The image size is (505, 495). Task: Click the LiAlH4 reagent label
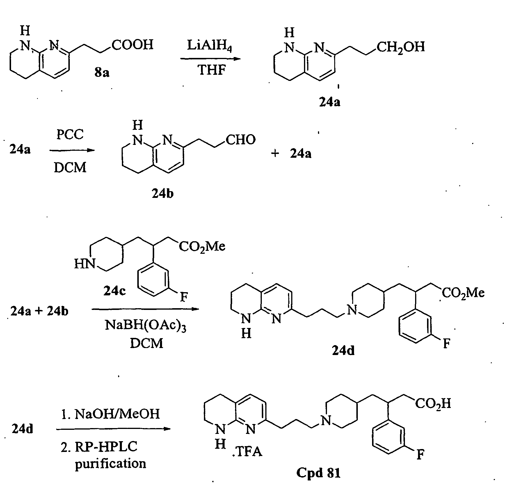(209, 46)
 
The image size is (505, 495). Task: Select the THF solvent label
(211, 70)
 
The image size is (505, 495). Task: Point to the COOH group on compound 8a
(132, 45)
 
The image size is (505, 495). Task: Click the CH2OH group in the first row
(401, 47)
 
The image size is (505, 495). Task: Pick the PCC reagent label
(70, 134)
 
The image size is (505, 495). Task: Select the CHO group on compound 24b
(241, 140)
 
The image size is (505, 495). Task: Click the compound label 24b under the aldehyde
(162, 193)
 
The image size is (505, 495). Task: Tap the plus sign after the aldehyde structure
(275, 153)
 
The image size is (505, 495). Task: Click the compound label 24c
(115, 290)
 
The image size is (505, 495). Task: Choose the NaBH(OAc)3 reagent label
(145, 325)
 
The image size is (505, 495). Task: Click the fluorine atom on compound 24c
(184, 297)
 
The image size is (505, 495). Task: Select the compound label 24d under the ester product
(343, 351)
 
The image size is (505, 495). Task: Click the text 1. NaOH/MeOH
(111, 414)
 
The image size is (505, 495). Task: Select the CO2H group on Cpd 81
(433, 404)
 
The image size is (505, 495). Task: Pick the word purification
(111, 463)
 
